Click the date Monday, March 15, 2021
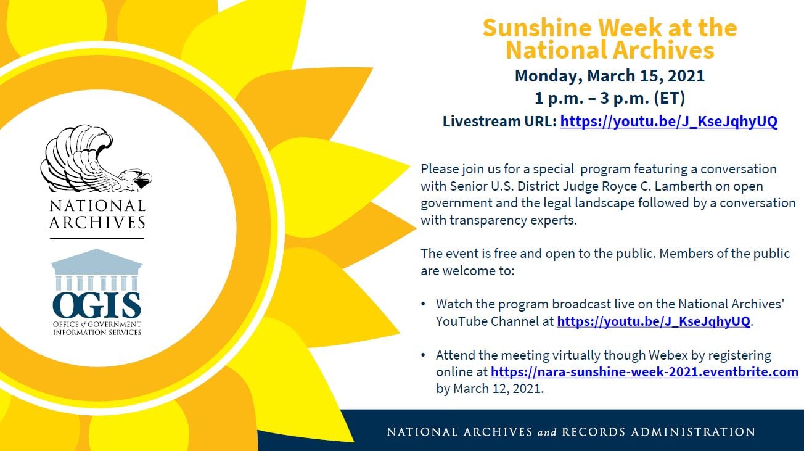[609, 76]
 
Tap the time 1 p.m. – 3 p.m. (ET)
[609, 98]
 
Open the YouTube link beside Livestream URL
[668, 122]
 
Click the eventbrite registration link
[644, 372]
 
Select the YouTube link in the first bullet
[654, 321]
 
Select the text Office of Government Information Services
[97, 328]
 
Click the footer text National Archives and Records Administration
[570, 432]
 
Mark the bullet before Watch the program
[423, 305]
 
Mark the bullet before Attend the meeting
[423, 356]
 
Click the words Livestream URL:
[499, 122]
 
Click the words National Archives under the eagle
[97, 214]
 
